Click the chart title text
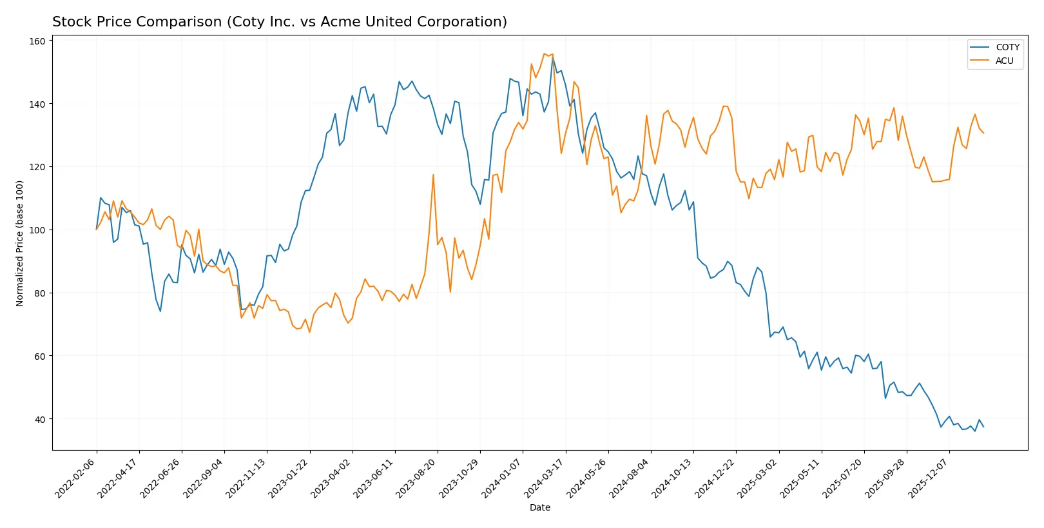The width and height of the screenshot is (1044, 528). (x=279, y=22)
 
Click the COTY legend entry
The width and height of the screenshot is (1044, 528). (x=1007, y=47)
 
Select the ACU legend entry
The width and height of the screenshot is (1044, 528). (x=1003, y=61)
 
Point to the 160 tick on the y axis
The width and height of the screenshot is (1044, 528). (x=37, y=41)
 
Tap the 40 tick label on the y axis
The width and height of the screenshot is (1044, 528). (x=39, y=420)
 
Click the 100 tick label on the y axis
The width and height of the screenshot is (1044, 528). (x=37, y=230)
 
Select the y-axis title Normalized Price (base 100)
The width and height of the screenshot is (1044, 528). (x=19, y=243)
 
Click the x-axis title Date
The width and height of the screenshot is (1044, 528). (x=539, y=507)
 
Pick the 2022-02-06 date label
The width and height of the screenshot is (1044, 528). (x=75, y=478)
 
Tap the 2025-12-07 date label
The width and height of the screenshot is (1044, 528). (x=928, y=478)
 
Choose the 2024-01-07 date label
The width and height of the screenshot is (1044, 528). (x=501, y=478)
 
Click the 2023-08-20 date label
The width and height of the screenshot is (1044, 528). (x=416, y=478)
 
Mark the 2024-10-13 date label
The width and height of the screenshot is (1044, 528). (x=672, y=478)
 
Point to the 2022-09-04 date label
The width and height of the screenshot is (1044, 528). (x=203, y=478)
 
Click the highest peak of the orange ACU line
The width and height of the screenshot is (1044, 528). (x=545, y=54)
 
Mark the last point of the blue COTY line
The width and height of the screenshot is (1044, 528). (x=983, y=427)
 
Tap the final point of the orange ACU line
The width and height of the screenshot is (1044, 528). (x=983, y=133)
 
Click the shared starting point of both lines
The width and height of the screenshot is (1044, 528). (x=97, y=230)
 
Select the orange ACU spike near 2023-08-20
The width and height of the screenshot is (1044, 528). (x=433, y=175)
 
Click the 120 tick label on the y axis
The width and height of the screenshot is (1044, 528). (x=37, y=167)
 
